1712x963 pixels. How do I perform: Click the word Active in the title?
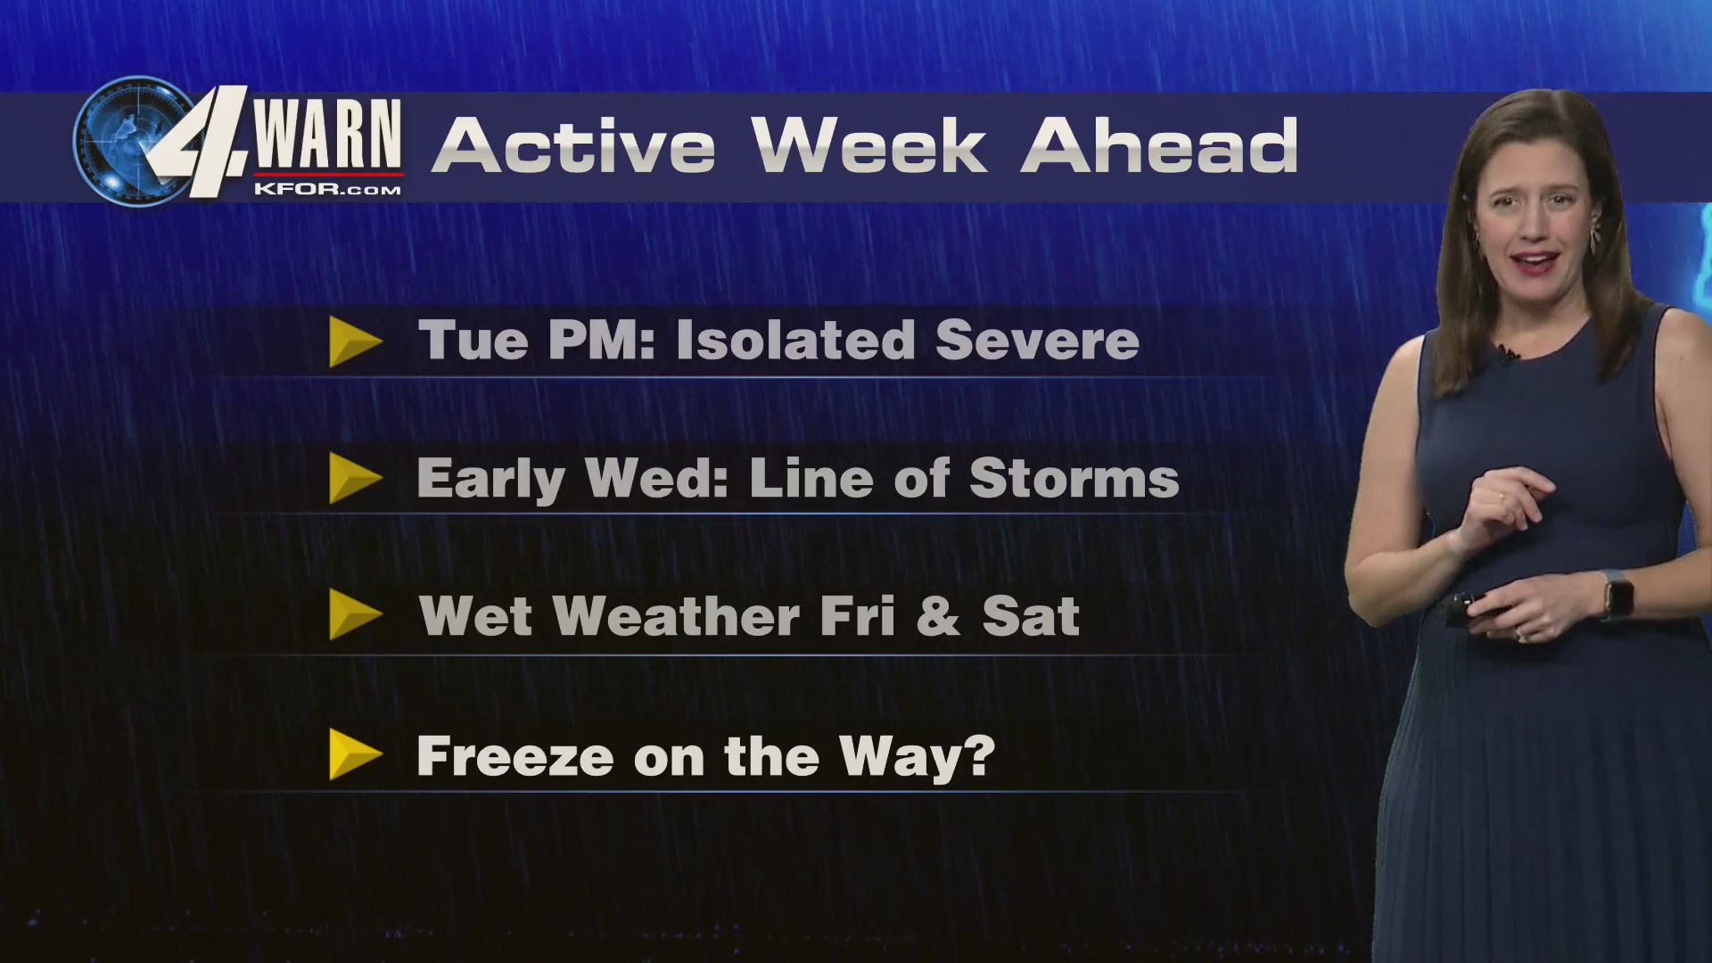pos(572,146)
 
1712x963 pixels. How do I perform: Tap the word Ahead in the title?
pos(1159,146)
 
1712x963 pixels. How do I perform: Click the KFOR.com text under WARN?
pos(327,189)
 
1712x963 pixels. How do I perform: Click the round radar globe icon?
pos(125,141)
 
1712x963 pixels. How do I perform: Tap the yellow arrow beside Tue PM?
pos(354,342)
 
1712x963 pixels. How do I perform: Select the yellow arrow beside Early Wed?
pos(354,479)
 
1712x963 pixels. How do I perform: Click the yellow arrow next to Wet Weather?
pos(354,614)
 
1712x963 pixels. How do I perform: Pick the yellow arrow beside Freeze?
pos(354,754)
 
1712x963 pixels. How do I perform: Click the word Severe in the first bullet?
pos(1037,341)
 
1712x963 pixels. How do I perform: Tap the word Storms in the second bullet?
pos(1074,479)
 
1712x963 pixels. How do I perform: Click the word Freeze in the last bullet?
pos(514,756)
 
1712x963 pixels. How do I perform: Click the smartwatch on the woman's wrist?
pos(1617,596)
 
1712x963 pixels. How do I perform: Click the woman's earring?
pos(1595,236)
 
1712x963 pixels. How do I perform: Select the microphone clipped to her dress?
pos(1507,355)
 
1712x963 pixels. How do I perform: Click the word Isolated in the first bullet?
pos(795,341)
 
